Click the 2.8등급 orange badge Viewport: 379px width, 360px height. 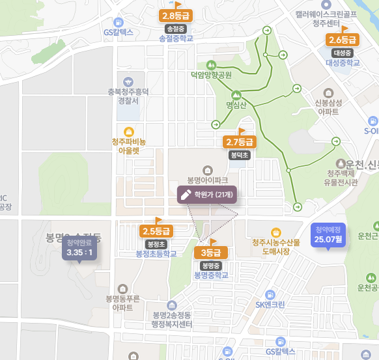[x=176, y=16]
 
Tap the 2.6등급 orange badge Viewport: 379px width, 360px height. [x=342, y=40]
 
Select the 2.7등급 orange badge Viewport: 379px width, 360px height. [x=239, y=142]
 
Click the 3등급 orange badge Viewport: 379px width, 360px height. [x=211, y=253]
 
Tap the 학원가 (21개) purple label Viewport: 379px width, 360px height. [x=207, y=194]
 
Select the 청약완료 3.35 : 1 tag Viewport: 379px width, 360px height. [x=79, y=248]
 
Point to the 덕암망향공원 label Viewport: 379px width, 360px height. [x=211, y=75]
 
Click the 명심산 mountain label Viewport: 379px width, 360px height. [x=236, y=104]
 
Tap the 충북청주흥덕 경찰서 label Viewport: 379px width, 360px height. [x=128, y=96]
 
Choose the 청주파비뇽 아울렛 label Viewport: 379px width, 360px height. [x=129, y=146]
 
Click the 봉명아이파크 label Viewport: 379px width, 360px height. [x=207, y=179]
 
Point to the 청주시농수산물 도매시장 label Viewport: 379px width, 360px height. [x=275, y=246]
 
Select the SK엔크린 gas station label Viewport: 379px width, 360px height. [x=270, y=304]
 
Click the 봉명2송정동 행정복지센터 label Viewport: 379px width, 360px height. [x=168, y=320]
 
